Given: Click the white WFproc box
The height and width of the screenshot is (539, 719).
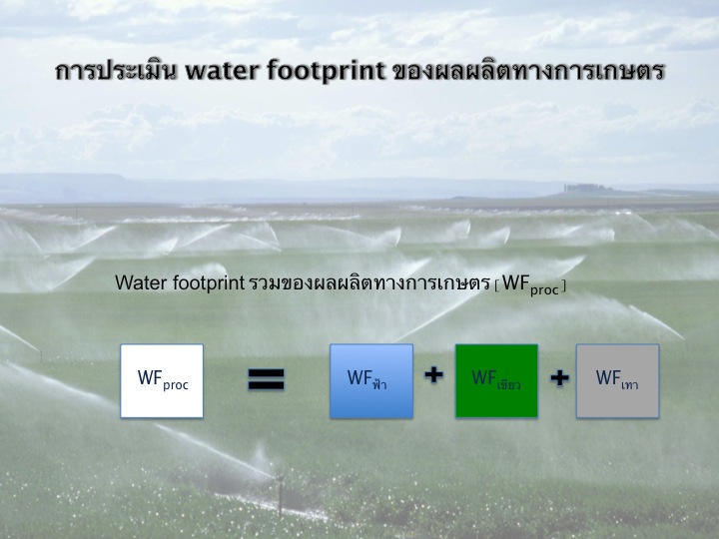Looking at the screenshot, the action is [162, 381].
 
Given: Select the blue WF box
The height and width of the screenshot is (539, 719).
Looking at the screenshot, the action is [371, 381].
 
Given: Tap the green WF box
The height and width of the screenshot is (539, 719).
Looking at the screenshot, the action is [496, 381].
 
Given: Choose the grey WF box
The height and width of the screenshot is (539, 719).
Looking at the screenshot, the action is [618, 381].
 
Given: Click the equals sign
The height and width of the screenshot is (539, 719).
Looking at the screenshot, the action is [267, 379].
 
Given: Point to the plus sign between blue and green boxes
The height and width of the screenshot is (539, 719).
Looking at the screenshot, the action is [433, 375].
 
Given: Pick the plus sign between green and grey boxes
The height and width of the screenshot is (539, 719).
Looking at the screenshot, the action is [560, 378].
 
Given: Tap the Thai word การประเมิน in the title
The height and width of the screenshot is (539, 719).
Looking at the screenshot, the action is [117, 70].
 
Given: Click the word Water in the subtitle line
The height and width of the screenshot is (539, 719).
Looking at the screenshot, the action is [141, 282].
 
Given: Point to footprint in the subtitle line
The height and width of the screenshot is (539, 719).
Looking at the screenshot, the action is [209, 283].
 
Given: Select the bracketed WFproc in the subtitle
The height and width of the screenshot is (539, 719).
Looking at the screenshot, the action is [530, 284].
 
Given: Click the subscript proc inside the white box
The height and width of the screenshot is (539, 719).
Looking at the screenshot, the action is [176, 385].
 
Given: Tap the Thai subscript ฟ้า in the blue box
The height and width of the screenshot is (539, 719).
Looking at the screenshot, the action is [379, 382].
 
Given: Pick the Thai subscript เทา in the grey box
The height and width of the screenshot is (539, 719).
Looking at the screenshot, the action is [629, 385].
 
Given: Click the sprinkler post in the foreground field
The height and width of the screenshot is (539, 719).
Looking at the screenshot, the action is [280, 496].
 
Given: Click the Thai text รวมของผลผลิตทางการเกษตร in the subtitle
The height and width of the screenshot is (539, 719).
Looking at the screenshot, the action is [369, 282].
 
